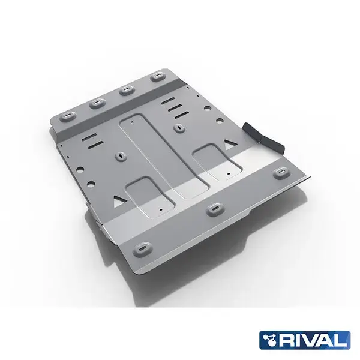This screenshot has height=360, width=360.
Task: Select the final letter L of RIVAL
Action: pos(341,340)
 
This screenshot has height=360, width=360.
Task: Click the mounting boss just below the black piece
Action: pos(280,172)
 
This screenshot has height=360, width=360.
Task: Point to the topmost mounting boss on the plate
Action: pos(157,77)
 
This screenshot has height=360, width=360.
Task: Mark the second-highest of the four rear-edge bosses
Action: pos(126,90)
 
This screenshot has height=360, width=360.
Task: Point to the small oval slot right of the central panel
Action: pos(180,127)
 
